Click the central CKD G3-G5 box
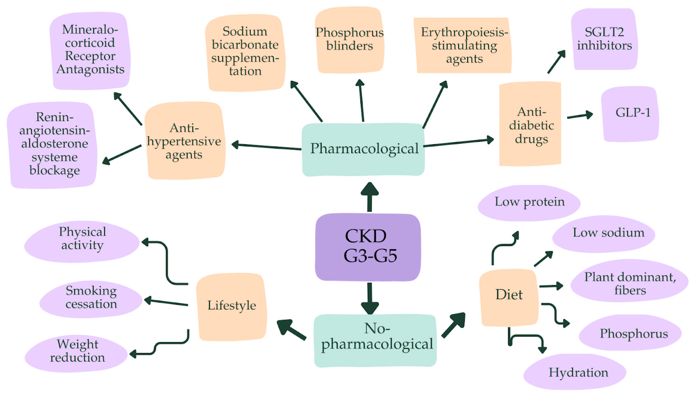[368, 247]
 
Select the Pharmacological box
[363, 149]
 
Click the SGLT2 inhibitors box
[604, 39]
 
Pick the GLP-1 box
[630, 114]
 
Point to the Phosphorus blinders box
[349, 39]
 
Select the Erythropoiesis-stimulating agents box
[463, 46]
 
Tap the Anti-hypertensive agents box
[185, 141]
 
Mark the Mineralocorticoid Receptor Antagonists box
[90, 51]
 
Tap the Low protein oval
[529, 203]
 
